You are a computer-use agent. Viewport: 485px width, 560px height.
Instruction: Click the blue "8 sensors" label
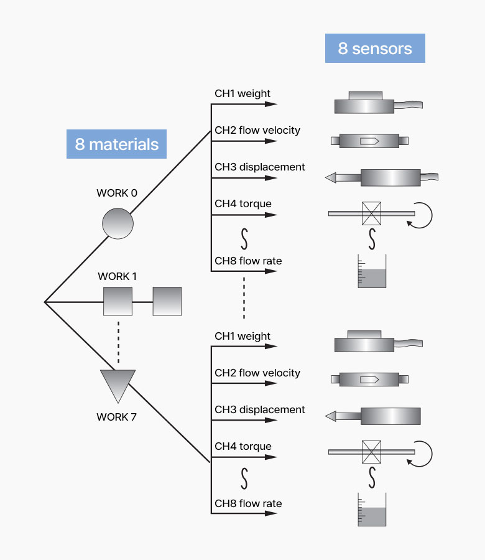pyautogui.click(x=375, y=49)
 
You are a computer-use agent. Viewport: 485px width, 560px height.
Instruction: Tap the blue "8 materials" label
pyautogui.click(x=117, y=144)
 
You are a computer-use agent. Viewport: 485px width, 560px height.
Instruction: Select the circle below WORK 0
pyautogui.click(x=118, y=223)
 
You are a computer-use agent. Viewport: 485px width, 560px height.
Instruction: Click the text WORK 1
pyautogui.click(x=118, y=276)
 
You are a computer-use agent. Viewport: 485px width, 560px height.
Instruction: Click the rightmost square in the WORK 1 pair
pyautogui.click(x=167, y=301)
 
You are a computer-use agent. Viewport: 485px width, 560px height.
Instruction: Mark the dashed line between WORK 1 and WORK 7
pyautogui.click(x=118, y=342)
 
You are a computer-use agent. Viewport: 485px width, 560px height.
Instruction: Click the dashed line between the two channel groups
pyautogui.click(x=244, y=297)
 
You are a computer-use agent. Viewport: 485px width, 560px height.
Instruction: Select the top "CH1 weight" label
pyautogui.click(x=242, y=94)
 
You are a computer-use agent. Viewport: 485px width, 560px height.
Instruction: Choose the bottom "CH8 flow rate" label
pyautogui.click(x=248, y=503)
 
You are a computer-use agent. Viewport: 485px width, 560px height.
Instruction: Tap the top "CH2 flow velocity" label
pyautogui.click(x=257, y=131)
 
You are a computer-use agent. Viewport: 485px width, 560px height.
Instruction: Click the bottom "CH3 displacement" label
pyautogui.click(x=260, y=410)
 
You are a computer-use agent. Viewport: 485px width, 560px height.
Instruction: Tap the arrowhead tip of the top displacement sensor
pyautogui.click(x=328, y=178)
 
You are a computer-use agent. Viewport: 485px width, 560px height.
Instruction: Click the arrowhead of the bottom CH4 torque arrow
pyautogui.click(x=272, y=457)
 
